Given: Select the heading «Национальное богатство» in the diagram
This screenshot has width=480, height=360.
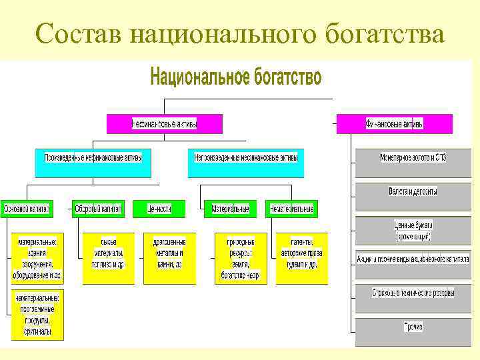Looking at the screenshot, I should pos(236,77).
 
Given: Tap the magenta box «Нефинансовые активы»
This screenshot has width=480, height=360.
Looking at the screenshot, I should pos(165,124).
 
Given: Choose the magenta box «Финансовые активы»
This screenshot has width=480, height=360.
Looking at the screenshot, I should pos(395,124).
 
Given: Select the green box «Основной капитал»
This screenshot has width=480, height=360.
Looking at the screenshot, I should pos(27,209).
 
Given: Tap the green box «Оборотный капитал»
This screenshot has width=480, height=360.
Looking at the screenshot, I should pos(99,209).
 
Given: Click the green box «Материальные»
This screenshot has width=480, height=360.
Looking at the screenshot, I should pos(231,209).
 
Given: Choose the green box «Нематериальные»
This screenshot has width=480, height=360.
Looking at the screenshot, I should pos(291,209).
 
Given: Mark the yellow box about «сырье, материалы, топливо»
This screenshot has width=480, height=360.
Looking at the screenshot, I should pos(108,258).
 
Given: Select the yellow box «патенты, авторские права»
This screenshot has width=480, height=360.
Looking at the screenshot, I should pos(301,258).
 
